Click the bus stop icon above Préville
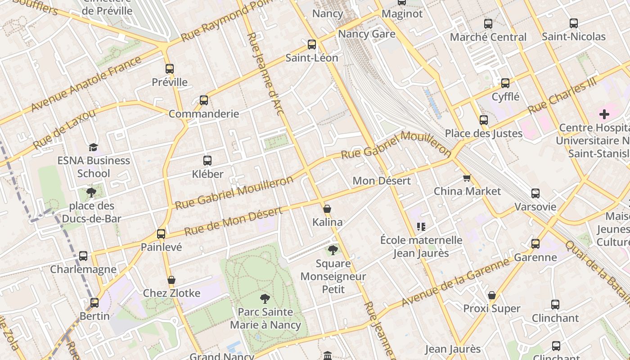(x=170, y=69)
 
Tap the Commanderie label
(x=203, y=113)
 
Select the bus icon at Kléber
(x=207, y=161)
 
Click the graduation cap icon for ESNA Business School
(x=94, y=147)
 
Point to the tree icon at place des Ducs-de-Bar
(x=91, y=193)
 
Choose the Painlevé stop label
(x=161, y=247)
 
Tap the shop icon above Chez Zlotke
(x=171, y=280)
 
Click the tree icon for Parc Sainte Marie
(x=265, y=298)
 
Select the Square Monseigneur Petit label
(x=333, y=276)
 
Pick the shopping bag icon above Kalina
(x=327, y=209)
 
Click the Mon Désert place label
(x=382, y=181)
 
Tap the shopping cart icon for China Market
(x=467, y=178)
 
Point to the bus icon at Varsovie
(x=535, y=193)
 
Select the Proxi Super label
(x=492, y=309)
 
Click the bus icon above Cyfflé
(x=505, y=83)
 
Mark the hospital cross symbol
(x=604, y=114)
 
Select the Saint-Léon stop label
(x=312, y=58)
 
